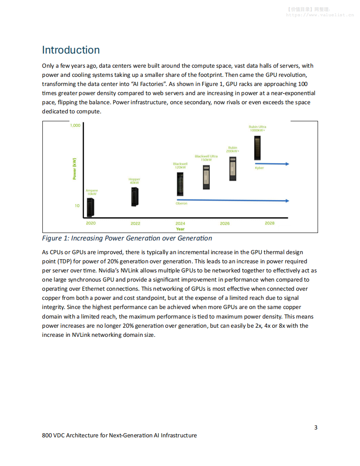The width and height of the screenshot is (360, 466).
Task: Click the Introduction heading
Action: point(71,50)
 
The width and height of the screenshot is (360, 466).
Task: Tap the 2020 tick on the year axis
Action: point(91,223)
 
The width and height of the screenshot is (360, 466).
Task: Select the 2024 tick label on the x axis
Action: point(180,223)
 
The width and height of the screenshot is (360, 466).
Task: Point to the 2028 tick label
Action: point(269,223)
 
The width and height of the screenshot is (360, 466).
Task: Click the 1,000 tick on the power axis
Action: point(75,125)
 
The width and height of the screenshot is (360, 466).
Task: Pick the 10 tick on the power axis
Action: point(77,206)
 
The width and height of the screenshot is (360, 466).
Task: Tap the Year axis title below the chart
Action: point(180,229)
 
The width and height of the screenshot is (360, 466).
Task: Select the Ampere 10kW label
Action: point(92,192)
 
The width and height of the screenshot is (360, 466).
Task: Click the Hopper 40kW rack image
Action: point(135,196)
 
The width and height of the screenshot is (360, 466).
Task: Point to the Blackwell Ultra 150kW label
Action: point(206,158)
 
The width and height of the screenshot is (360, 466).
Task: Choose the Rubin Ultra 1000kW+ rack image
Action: point(258,148)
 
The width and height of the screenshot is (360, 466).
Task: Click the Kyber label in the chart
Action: point(259,168)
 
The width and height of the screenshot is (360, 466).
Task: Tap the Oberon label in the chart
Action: point(182,204)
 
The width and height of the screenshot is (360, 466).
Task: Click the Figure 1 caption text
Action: point(127,238)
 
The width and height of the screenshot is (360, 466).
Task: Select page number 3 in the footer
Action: point(316,427)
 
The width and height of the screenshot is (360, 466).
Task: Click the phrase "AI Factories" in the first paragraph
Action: point(148,84)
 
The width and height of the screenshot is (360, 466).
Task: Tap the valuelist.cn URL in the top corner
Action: point(320,15)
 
